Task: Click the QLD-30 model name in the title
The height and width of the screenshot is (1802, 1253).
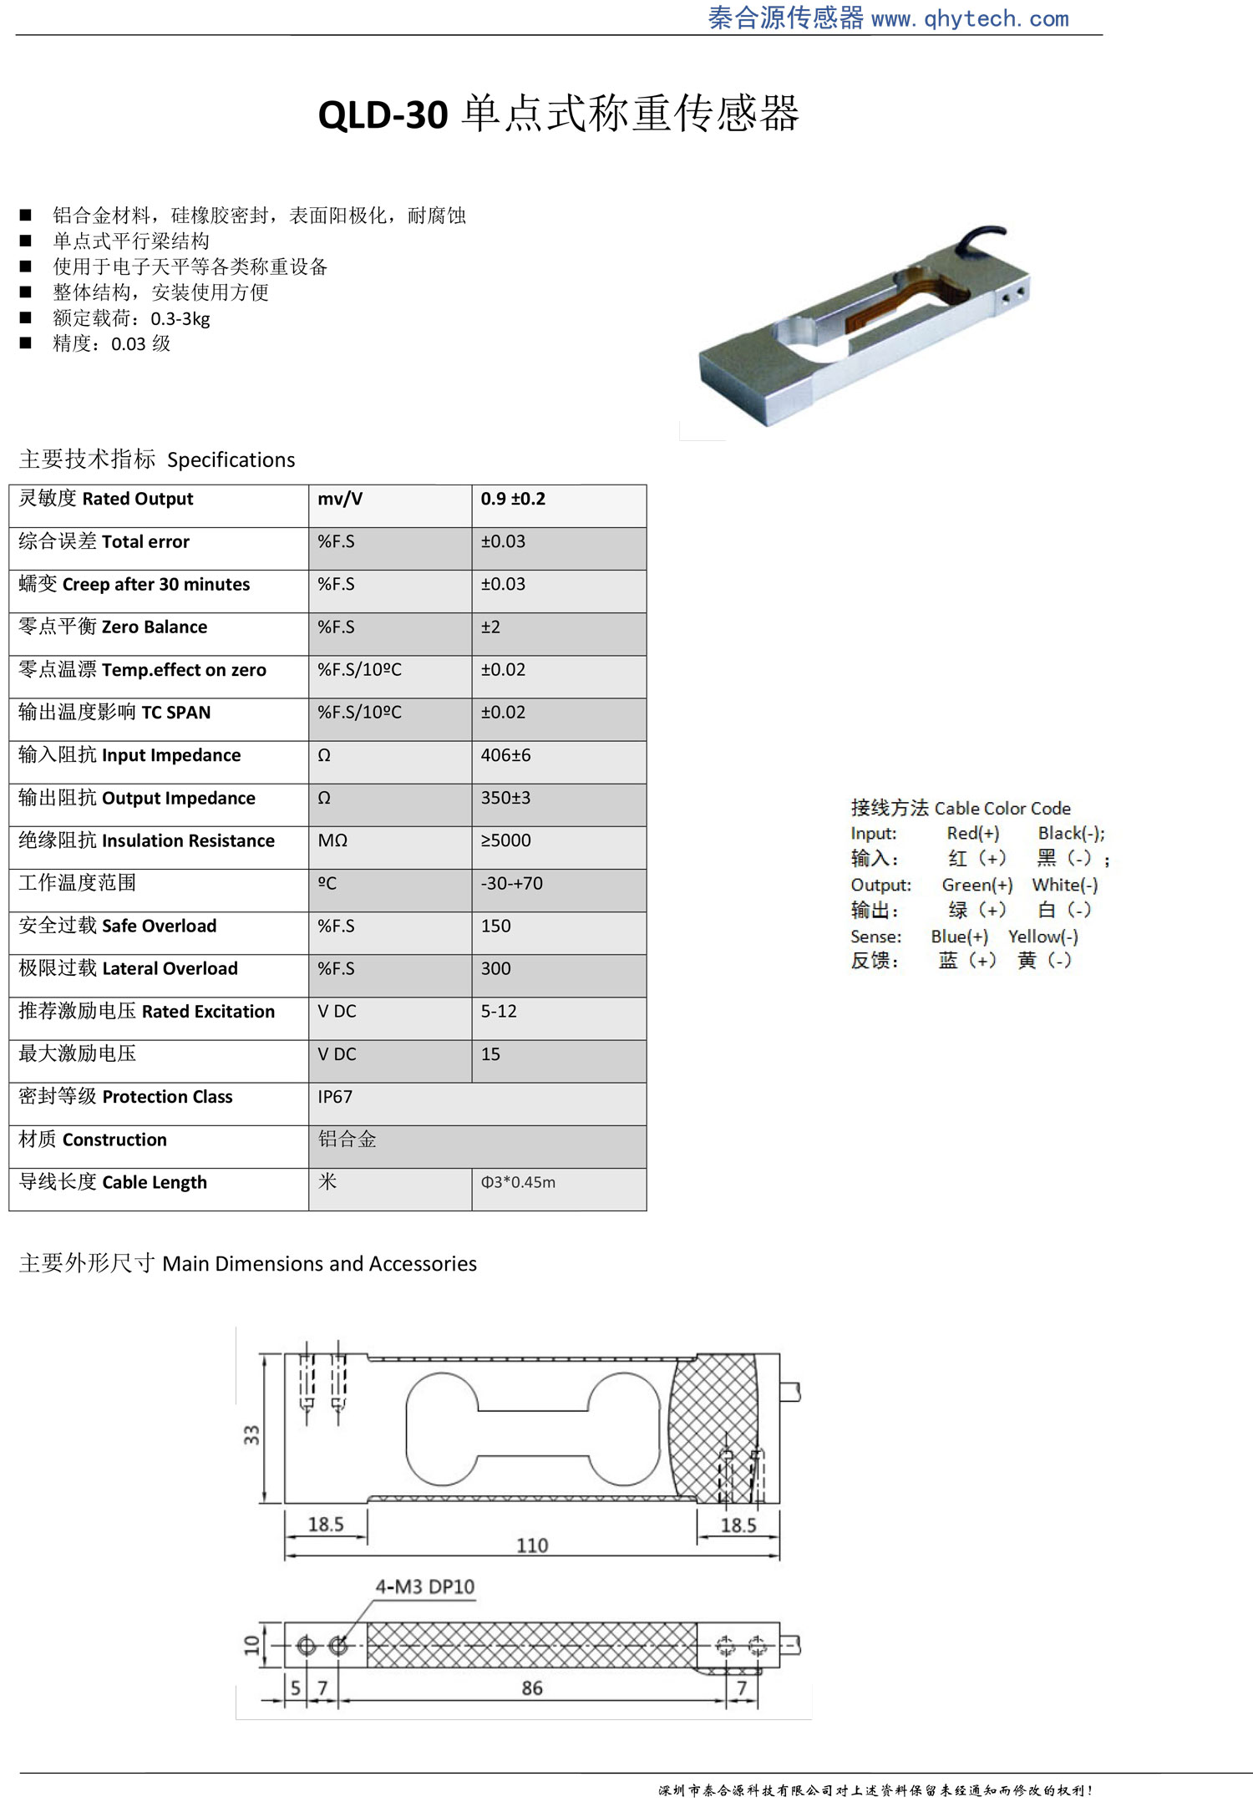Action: point(383,114)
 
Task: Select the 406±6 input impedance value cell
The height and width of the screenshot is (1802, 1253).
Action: point(505,755)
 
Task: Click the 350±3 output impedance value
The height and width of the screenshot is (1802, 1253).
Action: point(505,798)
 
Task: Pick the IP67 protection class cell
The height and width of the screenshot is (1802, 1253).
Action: point(335,1097)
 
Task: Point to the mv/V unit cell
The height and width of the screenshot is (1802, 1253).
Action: point(340,499)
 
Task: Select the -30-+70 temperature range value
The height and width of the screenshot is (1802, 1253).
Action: point(511,883)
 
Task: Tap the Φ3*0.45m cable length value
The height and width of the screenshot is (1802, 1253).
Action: point(518,1182)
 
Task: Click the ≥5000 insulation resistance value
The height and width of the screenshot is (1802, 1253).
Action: point(505,840)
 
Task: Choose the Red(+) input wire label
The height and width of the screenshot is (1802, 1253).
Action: point(972,833)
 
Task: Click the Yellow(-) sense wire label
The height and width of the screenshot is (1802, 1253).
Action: point(1042,937)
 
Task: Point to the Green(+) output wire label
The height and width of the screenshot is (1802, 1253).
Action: point(977,885)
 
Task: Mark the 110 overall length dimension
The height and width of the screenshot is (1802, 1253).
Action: point(532,1546)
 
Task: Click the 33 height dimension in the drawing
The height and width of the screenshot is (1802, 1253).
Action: point(251,1435)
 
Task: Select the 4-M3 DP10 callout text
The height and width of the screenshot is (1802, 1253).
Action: point(424,1586)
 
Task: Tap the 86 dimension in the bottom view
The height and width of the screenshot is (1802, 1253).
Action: point(532,1688)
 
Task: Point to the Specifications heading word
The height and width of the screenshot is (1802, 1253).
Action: point(231,459)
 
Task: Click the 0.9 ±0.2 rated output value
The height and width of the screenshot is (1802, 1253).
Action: point(513,499)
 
